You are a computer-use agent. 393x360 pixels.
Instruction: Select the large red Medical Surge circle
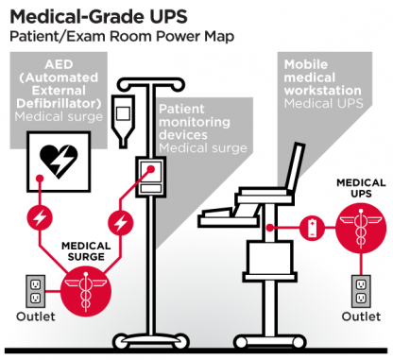[x=85, y=287]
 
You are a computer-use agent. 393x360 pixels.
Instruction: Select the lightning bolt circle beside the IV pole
[x=119, y=224]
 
